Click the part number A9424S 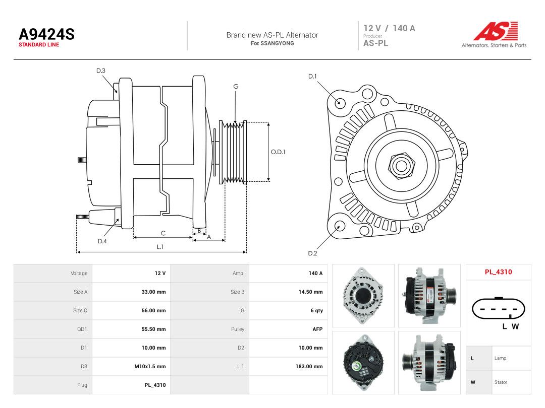46,34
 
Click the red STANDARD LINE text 39,45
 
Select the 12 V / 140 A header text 389,28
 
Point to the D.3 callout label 101,71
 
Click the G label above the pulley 236,87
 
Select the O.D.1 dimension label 278,152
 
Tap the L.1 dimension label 160,247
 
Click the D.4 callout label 102,241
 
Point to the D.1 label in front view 312,77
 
